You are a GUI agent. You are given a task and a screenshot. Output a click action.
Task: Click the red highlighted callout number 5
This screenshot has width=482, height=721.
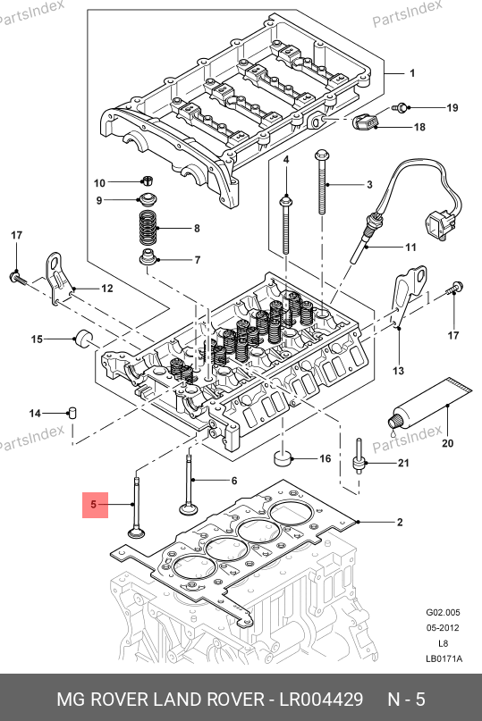coord(95,505)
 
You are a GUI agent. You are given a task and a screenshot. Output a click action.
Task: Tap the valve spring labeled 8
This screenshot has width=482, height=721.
coord(148,229)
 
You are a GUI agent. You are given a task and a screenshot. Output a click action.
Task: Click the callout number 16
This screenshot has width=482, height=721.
coord(325,458)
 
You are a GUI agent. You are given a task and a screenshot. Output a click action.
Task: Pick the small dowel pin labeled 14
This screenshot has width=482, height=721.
coord(72,412)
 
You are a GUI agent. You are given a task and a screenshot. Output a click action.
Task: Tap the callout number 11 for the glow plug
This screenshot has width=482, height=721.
coord(410,247)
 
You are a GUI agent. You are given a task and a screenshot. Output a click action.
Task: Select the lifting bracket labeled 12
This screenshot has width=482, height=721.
coord(58,278)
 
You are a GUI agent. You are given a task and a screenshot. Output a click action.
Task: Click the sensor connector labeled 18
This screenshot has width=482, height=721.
coord(365,122)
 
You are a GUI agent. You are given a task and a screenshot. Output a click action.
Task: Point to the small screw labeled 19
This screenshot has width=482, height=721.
coord(400,107)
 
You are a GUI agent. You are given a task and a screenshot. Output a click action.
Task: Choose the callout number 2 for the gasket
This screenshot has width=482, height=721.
coord(400,522)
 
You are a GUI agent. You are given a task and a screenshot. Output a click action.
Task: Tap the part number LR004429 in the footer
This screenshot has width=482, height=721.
coord(321,700)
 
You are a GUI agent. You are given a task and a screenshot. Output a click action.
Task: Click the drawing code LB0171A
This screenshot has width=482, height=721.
coord(444,658)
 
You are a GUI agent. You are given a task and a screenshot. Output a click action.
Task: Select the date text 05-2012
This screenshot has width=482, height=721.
coord(443,628)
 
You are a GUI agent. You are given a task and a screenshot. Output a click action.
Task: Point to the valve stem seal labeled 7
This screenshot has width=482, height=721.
coord(148,257)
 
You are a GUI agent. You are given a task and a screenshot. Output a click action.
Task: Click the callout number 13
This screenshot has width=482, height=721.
coord(398,370)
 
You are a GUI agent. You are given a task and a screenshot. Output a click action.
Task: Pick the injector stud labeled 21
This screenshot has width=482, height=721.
coord(359,457)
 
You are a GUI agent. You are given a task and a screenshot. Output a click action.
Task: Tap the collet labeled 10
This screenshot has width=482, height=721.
coord(148,180)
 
